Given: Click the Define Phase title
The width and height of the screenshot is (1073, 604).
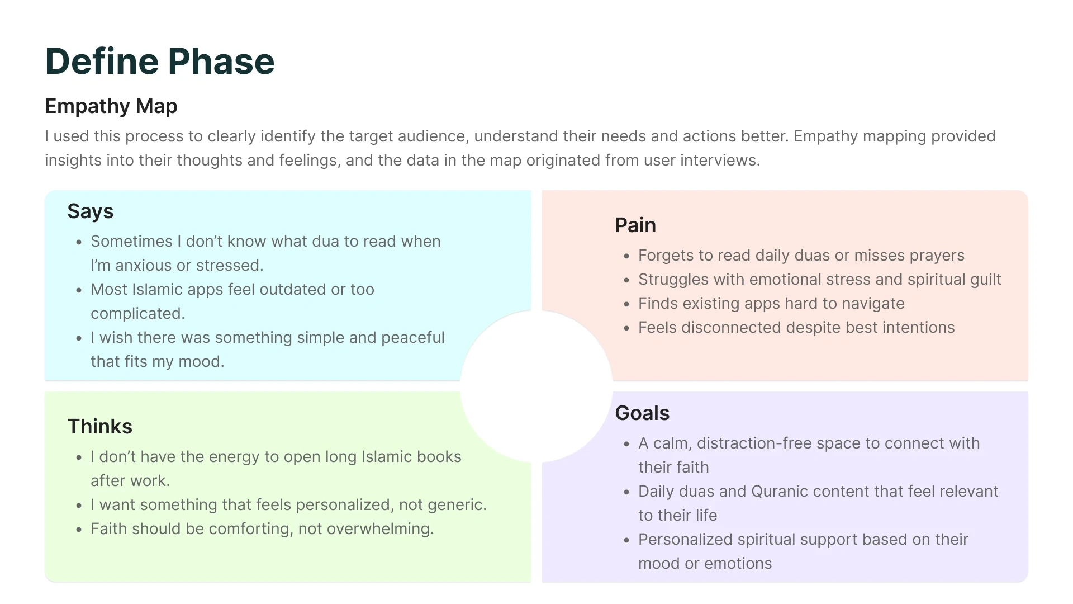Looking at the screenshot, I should (x=160, y=62).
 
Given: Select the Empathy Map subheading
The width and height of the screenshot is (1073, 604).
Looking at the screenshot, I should (x=111, y=106).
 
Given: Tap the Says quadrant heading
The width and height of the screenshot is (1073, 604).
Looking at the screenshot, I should (x=91, y=211).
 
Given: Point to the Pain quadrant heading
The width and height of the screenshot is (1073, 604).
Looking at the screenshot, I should (x=635, y=225).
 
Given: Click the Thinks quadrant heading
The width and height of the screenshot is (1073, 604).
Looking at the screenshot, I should (x=100, y=427).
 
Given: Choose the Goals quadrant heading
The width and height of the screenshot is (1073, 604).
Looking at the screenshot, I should (x=642, y=413).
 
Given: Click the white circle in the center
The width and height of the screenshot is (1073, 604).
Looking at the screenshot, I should (x=536, y=386).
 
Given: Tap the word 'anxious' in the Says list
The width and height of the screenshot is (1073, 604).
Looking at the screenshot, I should (x=143, y=266).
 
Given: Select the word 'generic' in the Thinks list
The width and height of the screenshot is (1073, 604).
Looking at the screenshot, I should (x=457, y=505).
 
